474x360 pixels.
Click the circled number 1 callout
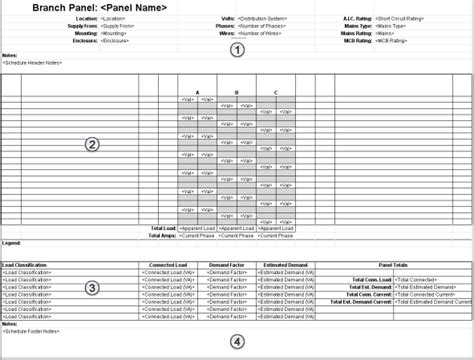(237, 49)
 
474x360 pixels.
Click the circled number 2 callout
(92, 144)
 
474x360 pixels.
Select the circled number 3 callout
(92, 289)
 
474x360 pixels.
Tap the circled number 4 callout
(237, 341)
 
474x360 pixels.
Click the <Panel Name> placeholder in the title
(130, 8)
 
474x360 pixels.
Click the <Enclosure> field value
(120, 41)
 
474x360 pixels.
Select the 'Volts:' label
(227, 19)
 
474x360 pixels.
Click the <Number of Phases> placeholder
(267, 26)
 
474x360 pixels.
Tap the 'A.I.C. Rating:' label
(355, 19)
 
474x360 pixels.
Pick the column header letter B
(235, 92)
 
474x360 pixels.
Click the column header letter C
(274, 92)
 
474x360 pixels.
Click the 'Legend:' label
(11, 243)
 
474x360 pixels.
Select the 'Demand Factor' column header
(228, 265)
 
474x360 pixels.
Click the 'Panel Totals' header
(399, 265)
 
